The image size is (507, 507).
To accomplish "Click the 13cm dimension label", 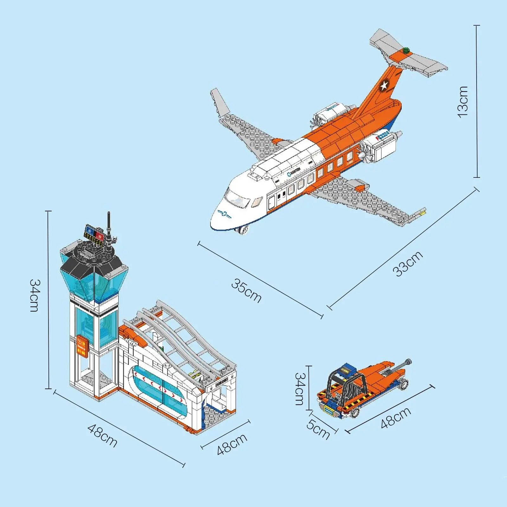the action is pos(463,101).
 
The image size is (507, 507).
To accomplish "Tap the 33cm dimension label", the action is pos(408,264).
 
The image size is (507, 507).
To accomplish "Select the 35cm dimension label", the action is pos(246,291).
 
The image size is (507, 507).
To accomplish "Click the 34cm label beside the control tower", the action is pos(35,295).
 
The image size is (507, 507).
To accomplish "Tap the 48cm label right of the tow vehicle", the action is pos(396,418).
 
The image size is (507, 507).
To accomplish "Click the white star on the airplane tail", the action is pos(384,85).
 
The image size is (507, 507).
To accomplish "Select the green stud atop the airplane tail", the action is pos(406,49).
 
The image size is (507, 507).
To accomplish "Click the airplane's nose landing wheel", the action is pos(243,230).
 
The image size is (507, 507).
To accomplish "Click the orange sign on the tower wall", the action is pos(82,346).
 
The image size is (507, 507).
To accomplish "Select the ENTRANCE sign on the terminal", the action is pos(221,382).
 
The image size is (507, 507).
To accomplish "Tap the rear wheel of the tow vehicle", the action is pos(404,384).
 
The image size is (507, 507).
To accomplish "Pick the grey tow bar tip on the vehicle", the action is pos(408,362).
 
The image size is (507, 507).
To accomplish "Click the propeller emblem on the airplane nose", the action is pos(224,214).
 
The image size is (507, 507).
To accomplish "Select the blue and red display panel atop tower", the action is pos(94,233).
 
